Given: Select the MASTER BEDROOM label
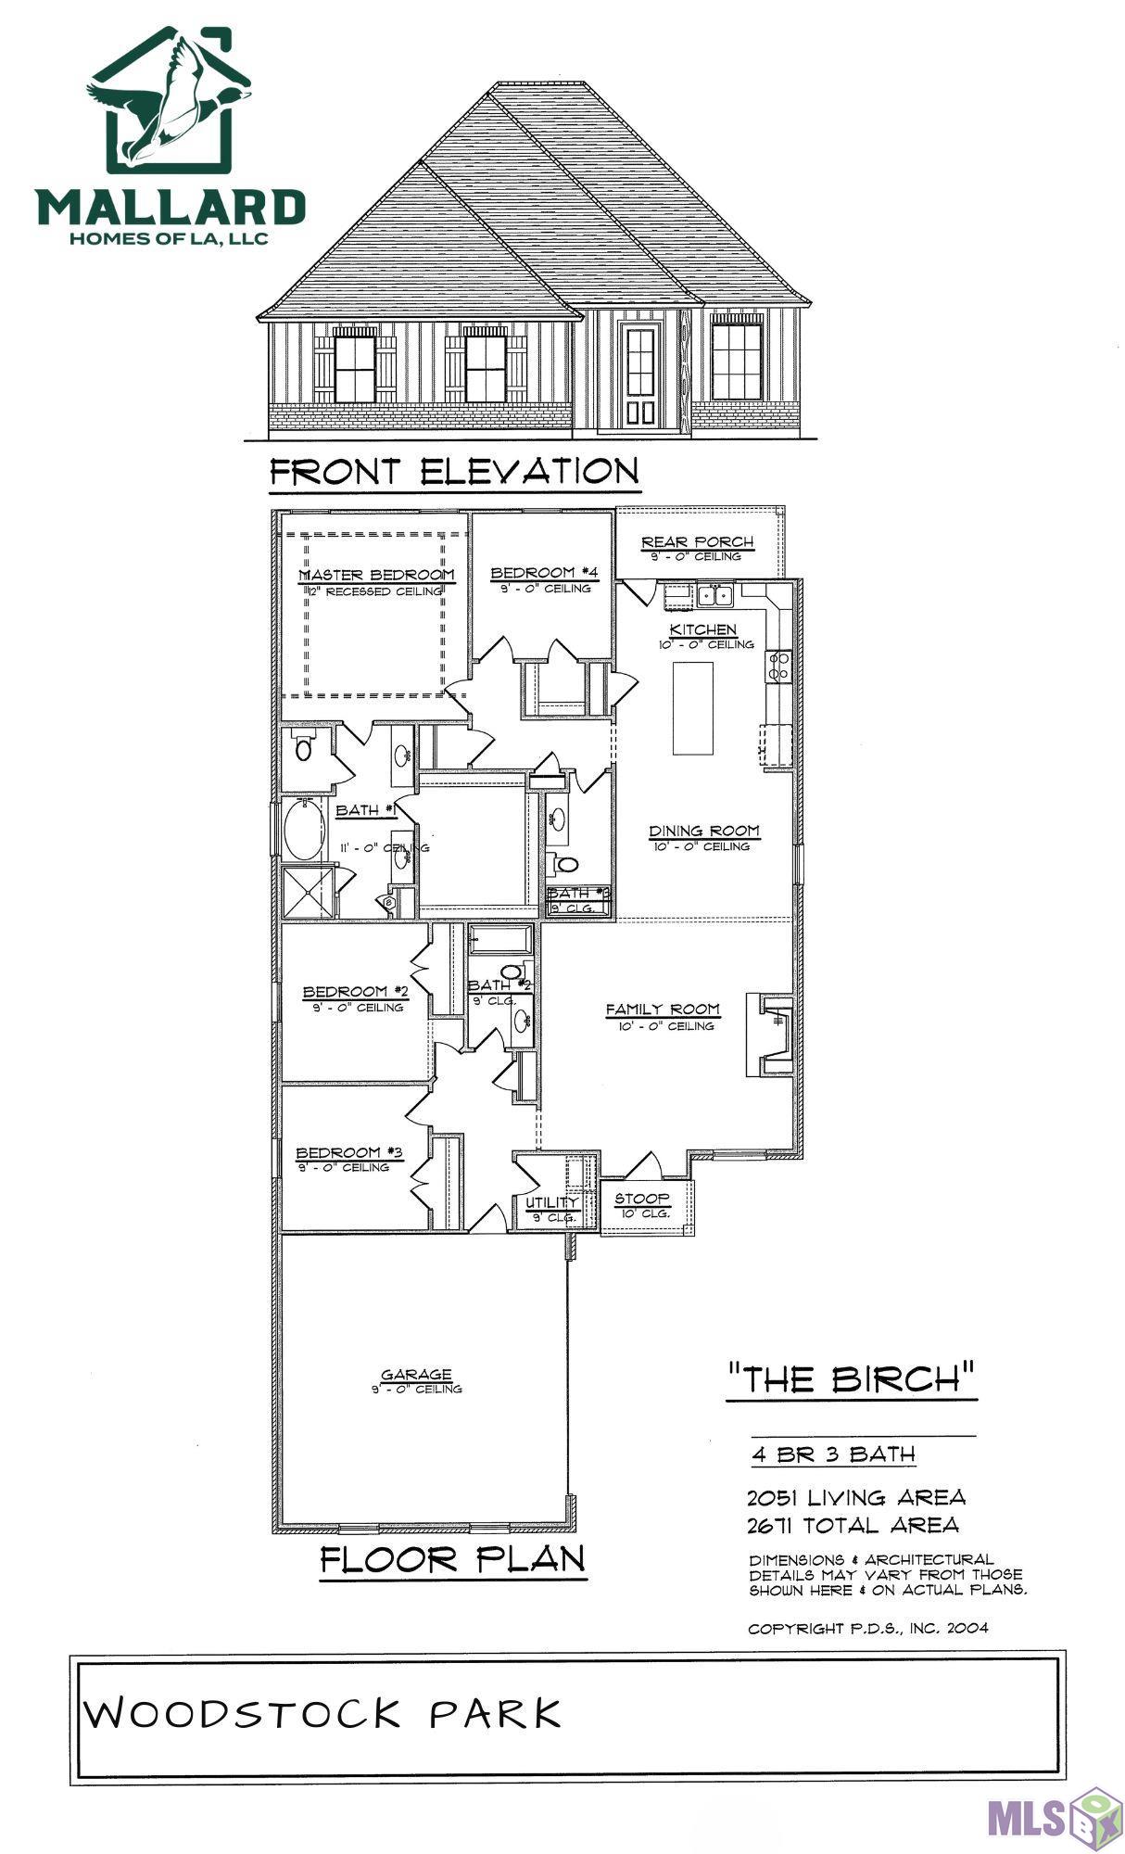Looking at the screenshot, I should pyautogui.click(x=377, y=576).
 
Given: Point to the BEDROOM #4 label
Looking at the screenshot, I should pyautogui.click(x=540, y=574).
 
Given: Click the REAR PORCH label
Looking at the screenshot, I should pyautogui.click(x=698, y=542).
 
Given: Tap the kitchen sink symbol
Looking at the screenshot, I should pyautogui.click(x=715, y=594).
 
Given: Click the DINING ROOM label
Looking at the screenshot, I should pyautogui.click(x=703, y=832).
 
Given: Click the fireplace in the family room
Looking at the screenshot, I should pyautogui.click(x=772, y=1035).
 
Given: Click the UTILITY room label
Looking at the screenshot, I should pyautogui.click(x=552, y=1203).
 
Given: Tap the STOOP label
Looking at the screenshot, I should pyautogui.click(x=642, y=1200).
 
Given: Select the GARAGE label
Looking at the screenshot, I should pyautogui.click(x=416, y=1375).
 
